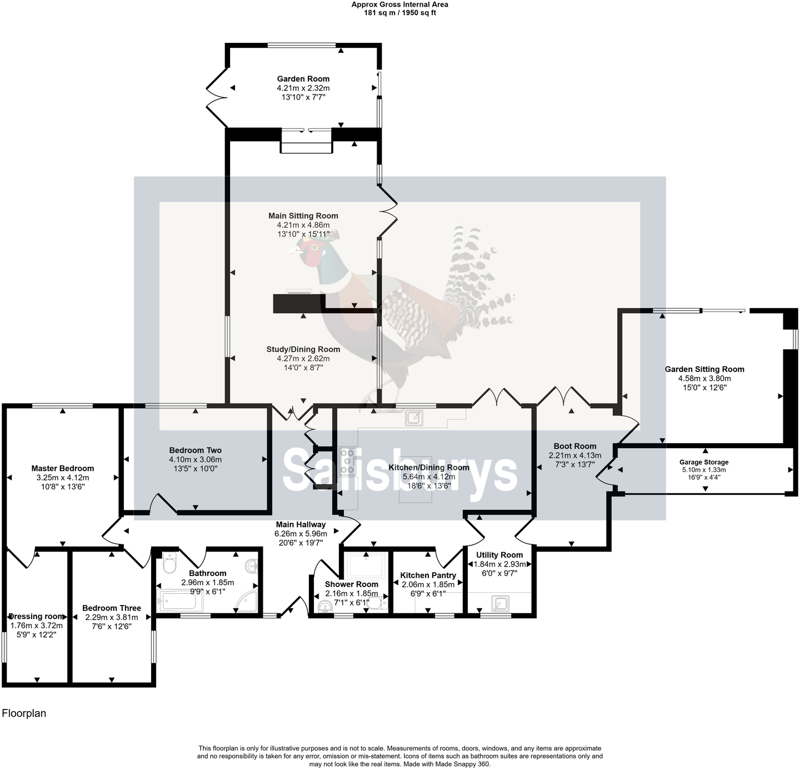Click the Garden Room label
(x=303, y=79)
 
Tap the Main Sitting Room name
(x=303, y=216)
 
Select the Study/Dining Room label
(x=303, y=349)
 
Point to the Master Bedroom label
(x=62, y=468)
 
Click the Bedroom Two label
(x=195, y=450)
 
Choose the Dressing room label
(x=37, y=616)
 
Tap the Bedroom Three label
(x=111, y=608)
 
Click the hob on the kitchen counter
(x=347, y=462)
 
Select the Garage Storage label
(x=703, y=462)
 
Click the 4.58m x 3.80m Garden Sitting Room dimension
(x=704, y=379)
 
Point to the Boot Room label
(x=574, y=446)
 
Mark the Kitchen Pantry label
(x=428, y=575)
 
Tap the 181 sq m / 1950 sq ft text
(x=399, y=13)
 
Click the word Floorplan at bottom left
(x=24, y=713)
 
